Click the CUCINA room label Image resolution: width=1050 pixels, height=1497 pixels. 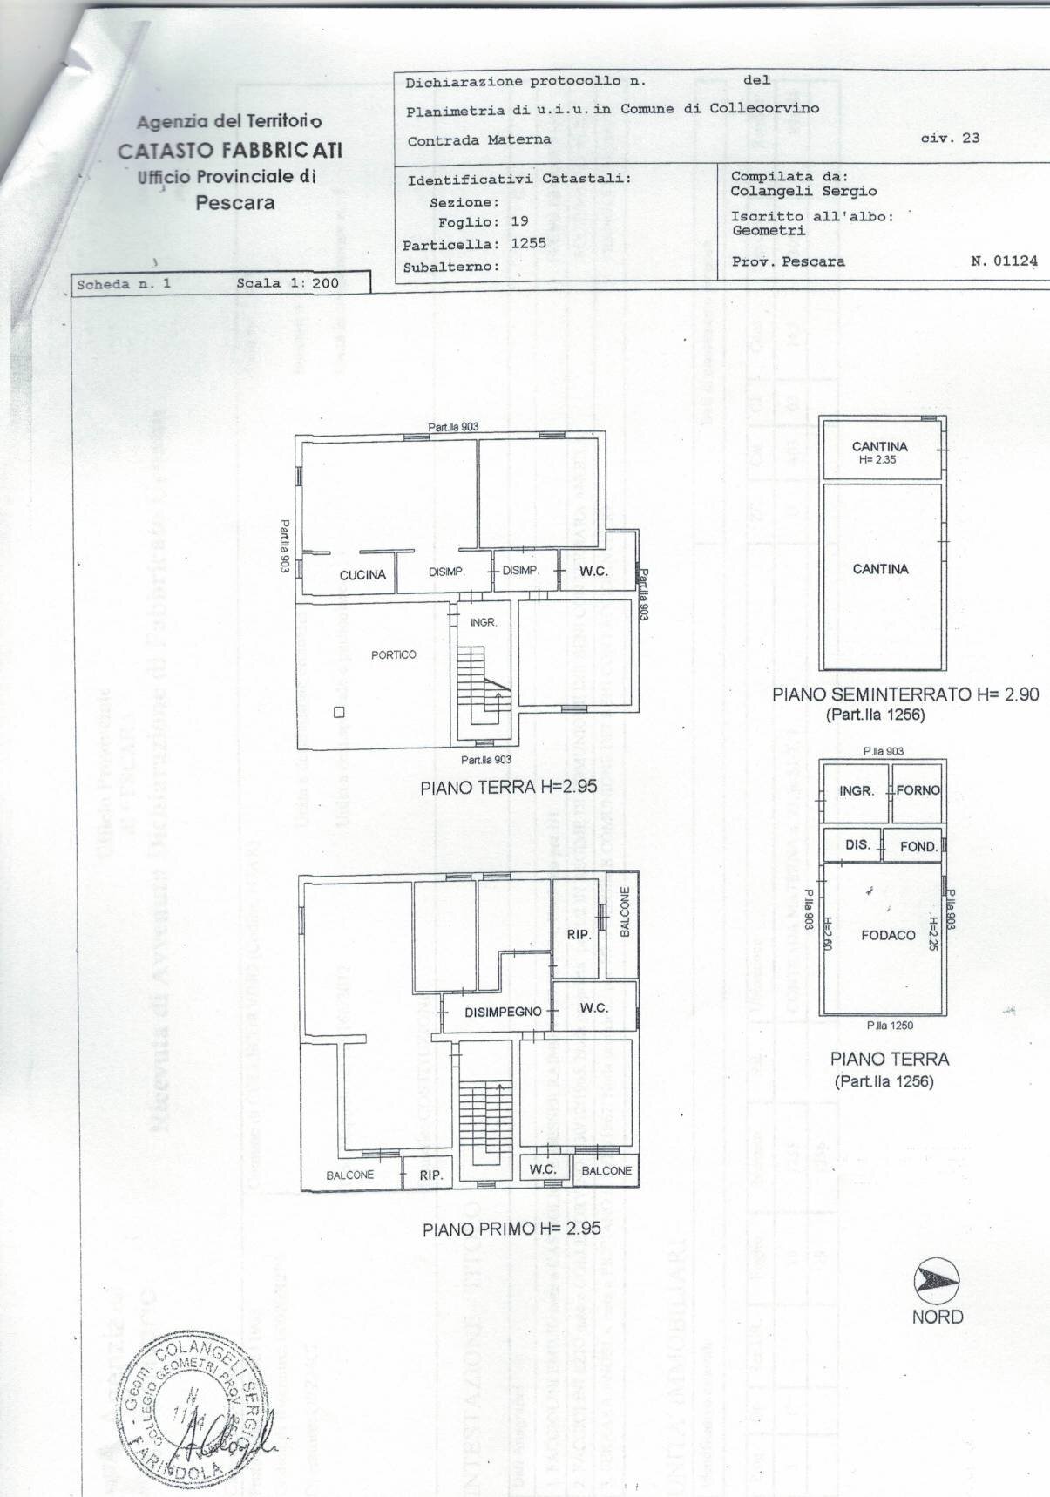362,575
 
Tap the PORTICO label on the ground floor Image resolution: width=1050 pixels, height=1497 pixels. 394,654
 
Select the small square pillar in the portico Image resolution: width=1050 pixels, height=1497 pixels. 340,712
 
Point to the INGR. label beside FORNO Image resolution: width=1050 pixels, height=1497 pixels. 857,791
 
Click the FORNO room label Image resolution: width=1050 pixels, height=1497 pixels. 918,790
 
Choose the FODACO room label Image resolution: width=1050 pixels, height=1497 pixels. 888,935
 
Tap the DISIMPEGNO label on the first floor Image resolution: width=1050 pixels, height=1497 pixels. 503,1012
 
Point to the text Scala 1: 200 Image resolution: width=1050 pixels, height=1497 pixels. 288,283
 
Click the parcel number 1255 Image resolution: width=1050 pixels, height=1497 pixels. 529,243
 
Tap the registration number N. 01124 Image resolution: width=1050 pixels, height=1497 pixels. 1004,261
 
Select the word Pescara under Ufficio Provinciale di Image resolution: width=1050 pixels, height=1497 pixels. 234,203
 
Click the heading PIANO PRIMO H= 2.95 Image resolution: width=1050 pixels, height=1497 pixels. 511,1229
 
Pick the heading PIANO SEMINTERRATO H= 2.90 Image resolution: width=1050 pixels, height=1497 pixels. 905,694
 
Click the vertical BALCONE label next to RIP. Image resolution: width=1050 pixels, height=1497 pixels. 624,912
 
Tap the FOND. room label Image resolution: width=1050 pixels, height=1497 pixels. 918,846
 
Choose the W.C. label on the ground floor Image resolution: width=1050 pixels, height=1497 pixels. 593,572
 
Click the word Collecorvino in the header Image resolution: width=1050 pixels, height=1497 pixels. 764,108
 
